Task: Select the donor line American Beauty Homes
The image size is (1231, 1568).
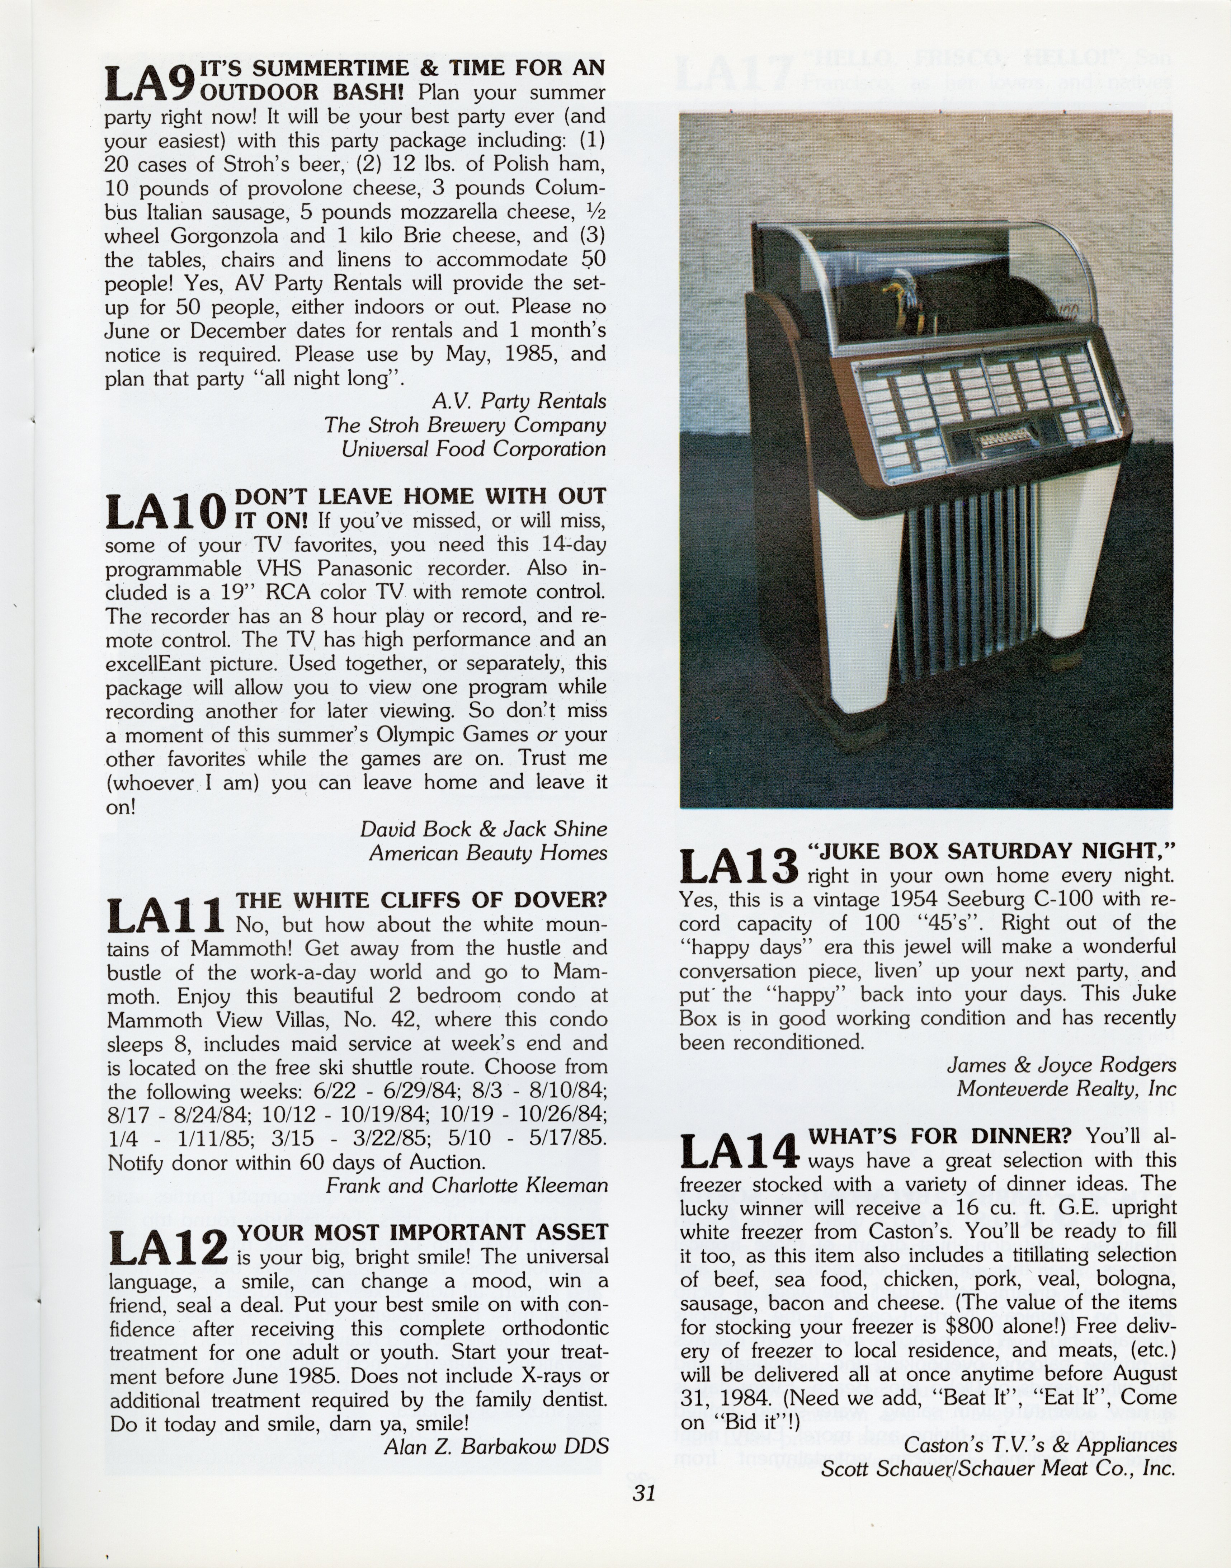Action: coord(488,853)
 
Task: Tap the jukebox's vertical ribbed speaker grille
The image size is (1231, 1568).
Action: coord(970,584)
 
